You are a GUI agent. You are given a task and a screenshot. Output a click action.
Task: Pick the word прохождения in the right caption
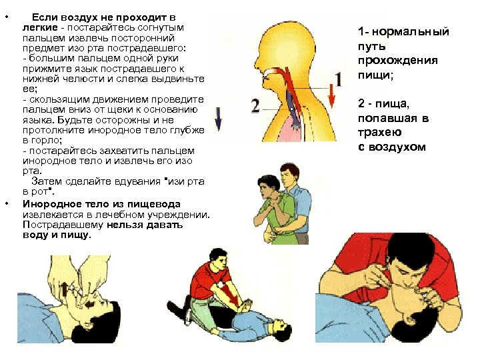pos(397,62)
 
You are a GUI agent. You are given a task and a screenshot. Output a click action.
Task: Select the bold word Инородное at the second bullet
pos(48,203)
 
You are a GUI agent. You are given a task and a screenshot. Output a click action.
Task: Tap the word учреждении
pos(178,214)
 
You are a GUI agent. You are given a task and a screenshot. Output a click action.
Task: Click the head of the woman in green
pos(266,184)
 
